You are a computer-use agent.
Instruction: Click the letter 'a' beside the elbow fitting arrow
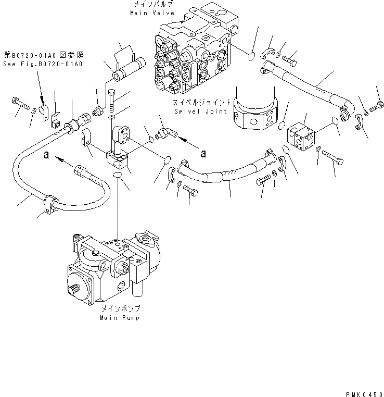tap(203, 153)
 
